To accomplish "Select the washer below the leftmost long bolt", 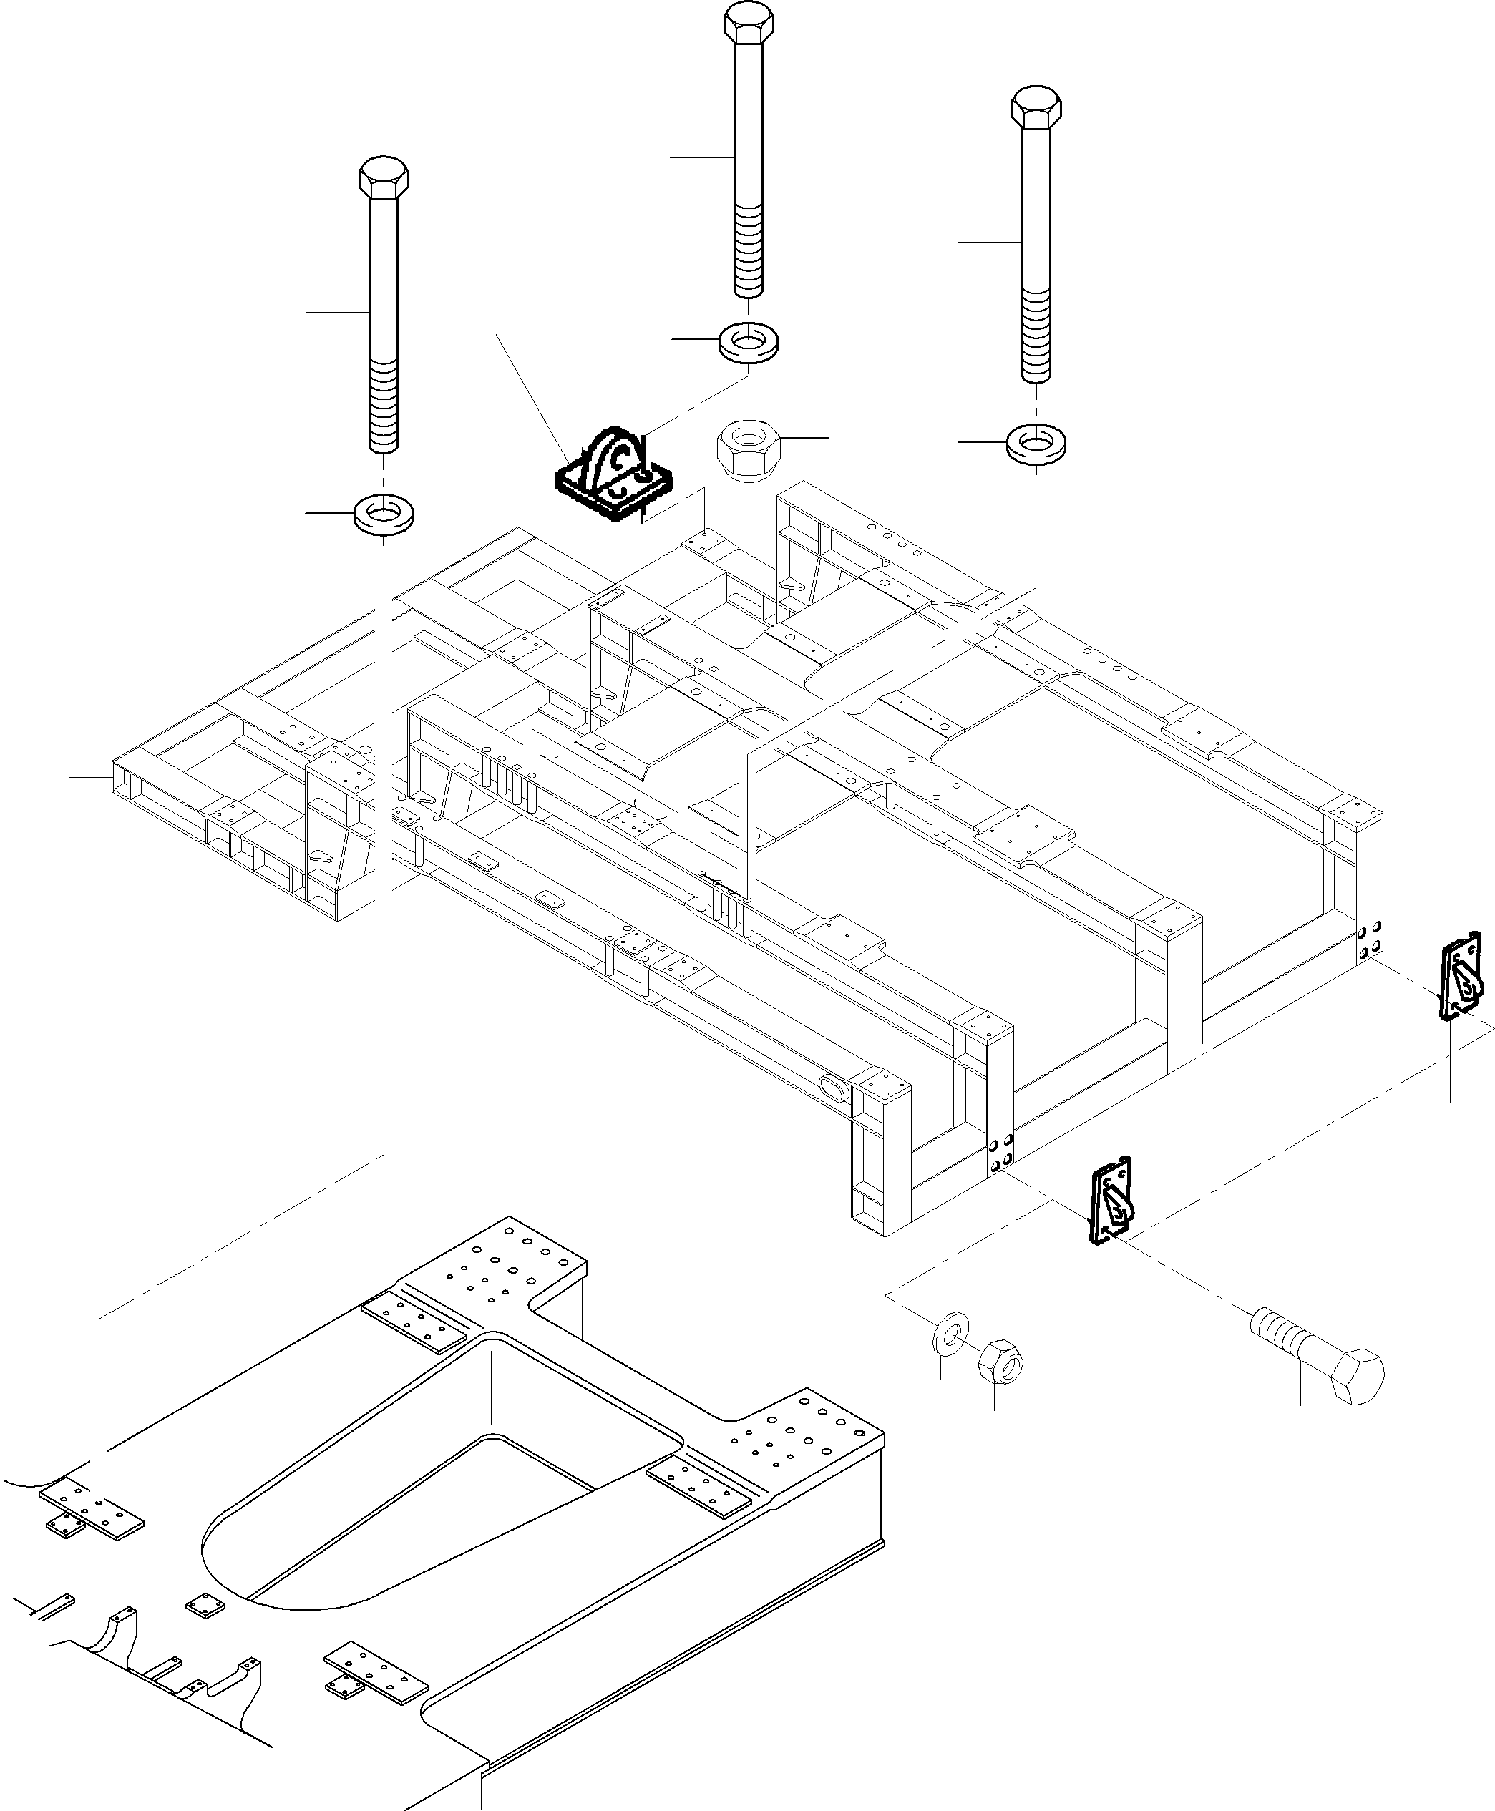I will point(383,515).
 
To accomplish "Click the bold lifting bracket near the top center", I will point(613,477).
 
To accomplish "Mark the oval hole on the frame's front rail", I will point(834,1088).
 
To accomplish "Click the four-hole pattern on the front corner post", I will point(1000,1155).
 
